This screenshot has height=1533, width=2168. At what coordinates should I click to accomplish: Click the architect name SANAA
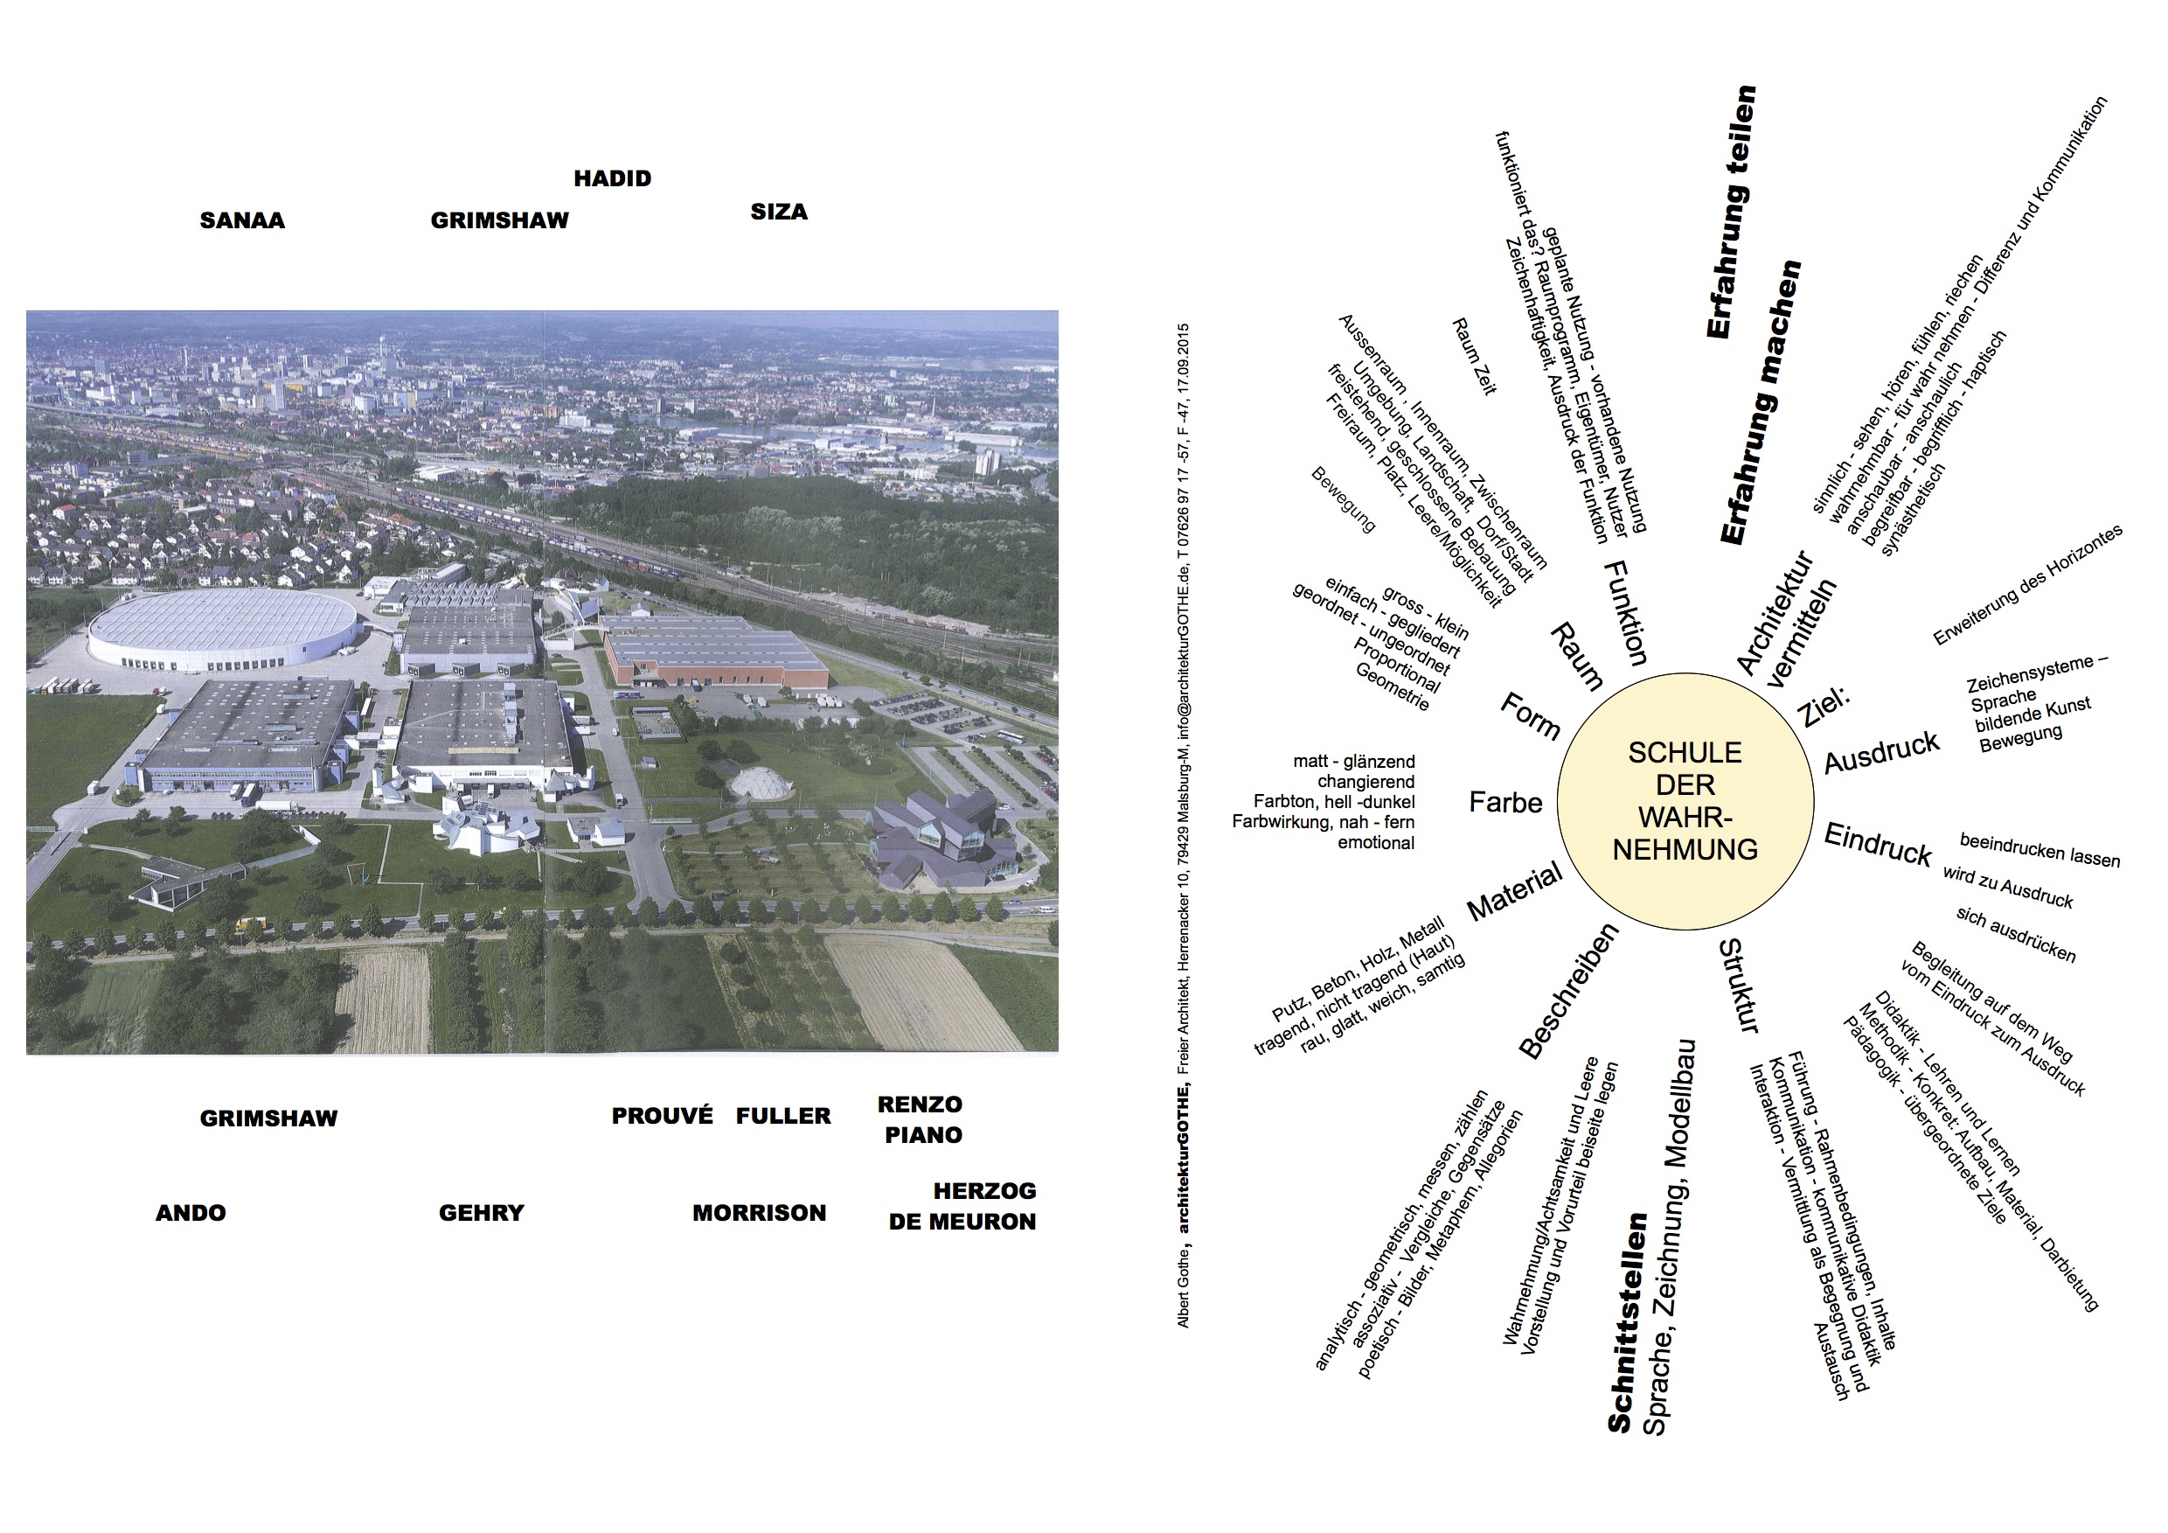(x=242, y=220)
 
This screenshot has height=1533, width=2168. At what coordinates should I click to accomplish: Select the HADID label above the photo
(x=612, y=178)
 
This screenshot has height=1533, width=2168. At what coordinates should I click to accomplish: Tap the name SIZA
(x=779, y=212)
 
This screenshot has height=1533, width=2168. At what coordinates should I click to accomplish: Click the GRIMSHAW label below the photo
(x=268, y=1118)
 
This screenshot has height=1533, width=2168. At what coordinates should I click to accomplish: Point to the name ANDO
(x=191, y=1213)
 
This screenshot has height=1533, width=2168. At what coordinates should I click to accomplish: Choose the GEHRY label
(x=481, y=1213)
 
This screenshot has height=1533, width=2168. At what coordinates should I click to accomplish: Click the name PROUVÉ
(x=662, y=1116)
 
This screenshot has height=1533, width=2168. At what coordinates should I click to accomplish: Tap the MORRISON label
(x=759, y=1213)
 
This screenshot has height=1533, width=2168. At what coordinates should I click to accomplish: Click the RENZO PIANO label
(x=921, y=1119)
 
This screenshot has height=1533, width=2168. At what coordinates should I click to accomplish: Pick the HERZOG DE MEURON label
(x=963, y=1206)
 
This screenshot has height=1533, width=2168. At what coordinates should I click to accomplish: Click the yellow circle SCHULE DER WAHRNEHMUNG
(x=1685, y=801)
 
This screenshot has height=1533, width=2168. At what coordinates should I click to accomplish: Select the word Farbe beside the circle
(x=1505, y=803)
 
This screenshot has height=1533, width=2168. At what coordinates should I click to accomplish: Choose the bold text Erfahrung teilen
(x=1732, y=212)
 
